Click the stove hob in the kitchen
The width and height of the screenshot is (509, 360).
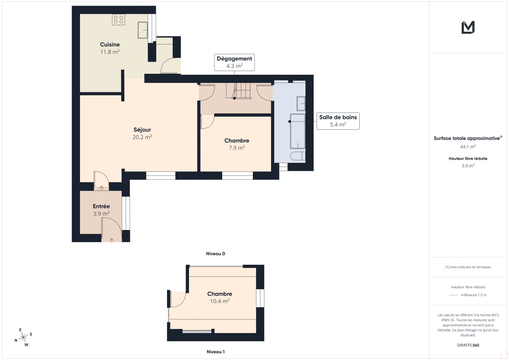point(119,20)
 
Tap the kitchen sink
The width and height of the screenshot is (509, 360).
point(143,30)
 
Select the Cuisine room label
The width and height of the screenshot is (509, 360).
point(110,45)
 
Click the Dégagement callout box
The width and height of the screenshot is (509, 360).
point(234,62)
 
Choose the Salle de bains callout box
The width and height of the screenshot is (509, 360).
point(338,121)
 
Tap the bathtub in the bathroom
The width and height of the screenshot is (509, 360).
point(297,131)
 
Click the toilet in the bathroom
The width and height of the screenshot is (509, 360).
point(298,156)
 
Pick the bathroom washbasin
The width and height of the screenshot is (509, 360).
point(301,104)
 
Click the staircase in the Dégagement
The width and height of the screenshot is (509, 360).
point(243,90)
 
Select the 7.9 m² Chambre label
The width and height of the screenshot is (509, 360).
point(237,144)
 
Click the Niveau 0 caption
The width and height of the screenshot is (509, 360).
point(215,254)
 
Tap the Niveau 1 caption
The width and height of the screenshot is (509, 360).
point(215,352)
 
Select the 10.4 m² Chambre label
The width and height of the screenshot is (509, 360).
point(220,297)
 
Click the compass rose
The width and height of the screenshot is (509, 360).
point(23,338)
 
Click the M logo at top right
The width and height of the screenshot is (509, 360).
point(468,27)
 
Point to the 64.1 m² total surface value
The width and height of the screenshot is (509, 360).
point(468,147)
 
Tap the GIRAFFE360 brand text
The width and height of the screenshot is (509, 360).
point(468,345)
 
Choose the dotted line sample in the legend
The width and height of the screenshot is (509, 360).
point(454,295)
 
